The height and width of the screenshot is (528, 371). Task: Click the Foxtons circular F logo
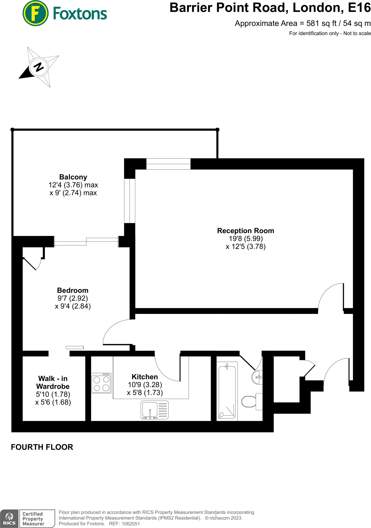coord(35,13)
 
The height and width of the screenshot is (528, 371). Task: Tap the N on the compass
coord(39,67)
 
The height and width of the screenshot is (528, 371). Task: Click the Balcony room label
coord(73,177)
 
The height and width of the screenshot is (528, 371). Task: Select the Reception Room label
coord(245,231)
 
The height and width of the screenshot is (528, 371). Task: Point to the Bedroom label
coord(73,290)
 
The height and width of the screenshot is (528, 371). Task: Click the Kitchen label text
coord(145,377)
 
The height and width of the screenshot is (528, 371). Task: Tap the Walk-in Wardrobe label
coord(53,382)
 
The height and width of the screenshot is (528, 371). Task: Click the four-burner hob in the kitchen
coord(101,383)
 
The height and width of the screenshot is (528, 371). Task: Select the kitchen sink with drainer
coord(154,410)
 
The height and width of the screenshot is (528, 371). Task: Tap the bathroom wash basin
coord(257,377)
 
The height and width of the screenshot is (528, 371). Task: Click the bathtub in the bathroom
coord(227,391)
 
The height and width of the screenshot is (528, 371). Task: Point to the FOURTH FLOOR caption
coord(42,447)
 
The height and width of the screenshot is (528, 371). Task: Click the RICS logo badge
coord(9,518)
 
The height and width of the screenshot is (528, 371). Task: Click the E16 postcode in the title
coord(359,8)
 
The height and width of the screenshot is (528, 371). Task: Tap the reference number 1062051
coord(131,524)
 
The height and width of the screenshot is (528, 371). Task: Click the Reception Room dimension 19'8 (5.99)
coord(246,239)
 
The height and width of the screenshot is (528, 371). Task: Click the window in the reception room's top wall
coord(168,164)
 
